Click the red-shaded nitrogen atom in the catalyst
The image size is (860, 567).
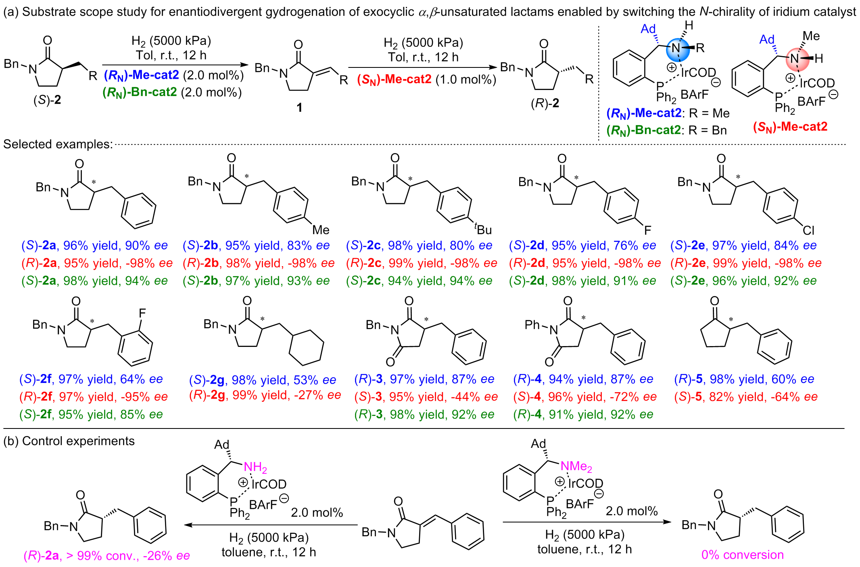pyautogui.click(x=795, y=59)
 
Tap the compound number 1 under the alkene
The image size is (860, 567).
pyautogui.click(x=299, y=107)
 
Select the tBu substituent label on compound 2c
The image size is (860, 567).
pyautogui.click(x=483, y=229)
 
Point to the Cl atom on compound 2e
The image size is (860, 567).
pyautogui.click(x=808, y=230)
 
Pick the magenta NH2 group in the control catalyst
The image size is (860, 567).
pyautogui.click(x=255, y=467)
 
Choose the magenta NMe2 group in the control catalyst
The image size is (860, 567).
pyautogui.click(x=576, y=466)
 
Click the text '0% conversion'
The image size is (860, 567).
pyautogui.click(x=742, y=555)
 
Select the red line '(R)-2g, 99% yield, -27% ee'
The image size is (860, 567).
pyautogui.click(x=265, y=395)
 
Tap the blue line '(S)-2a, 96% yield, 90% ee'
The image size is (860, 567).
pyautogui.click(x=94, y=246)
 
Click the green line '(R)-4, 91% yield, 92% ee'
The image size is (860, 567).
pyautogui.click(x=583, y=415)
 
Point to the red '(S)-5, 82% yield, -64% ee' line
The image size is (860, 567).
pyautogui.click(x=745, y=397)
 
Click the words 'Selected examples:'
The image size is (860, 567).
pyautogui.click(x=58, y=144)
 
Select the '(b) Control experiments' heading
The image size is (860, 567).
pyautogui.click(x=69, y=441)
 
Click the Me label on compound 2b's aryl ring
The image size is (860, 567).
pyautogui.click(x=321, y=230)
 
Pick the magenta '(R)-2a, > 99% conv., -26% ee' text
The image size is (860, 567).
pyautogui.click(x=106, y=556)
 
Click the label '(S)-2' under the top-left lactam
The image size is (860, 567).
pyautogui.click(x=47, y=100)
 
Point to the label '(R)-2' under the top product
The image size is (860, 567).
pyautogui.click(x=545, y=103)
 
